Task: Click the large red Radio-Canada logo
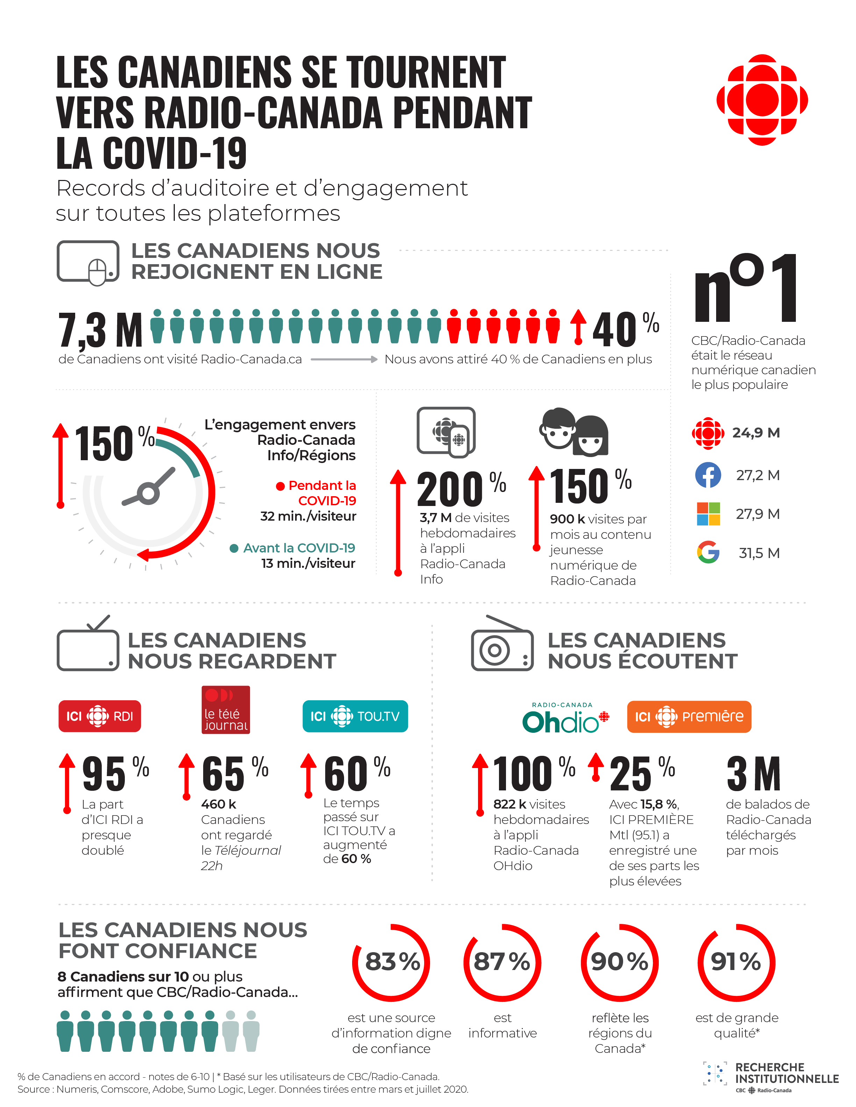click(762, 100)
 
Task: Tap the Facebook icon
click(708, 475)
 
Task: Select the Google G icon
click(708, 552)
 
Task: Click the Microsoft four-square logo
click(708, 513)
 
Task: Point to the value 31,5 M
click(759, 553)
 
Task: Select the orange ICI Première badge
click(689, 716)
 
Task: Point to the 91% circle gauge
click(736, 962)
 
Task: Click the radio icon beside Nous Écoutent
click(502, 646)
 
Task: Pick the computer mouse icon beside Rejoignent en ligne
click(88, 262)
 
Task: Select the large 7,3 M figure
click(100, 330)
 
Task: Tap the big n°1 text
click(746, 289)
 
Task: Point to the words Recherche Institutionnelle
click(786, 1073)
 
